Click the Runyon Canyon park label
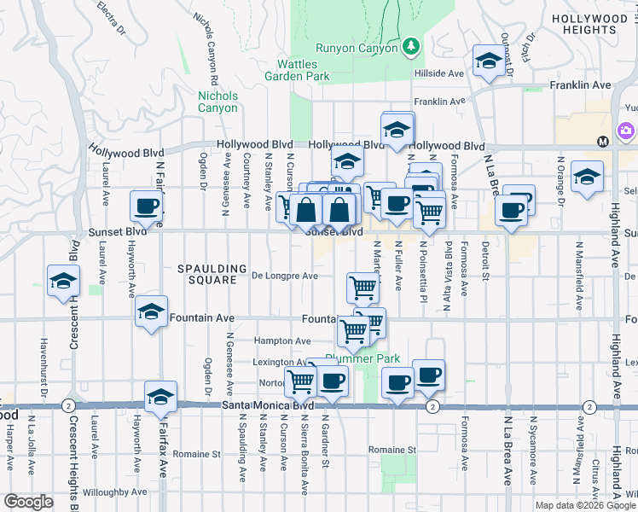[357, 49]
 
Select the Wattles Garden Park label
[303, 70]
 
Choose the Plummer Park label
[368, 358]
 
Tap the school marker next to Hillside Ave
[488, 61]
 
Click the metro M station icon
[602, 141]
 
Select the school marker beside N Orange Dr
[586, 177]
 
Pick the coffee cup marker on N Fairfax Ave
[147, 207]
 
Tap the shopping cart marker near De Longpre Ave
[363, 288]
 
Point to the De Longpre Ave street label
[285, 276]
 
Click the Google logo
[28, 502]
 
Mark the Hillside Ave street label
[438, 73]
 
